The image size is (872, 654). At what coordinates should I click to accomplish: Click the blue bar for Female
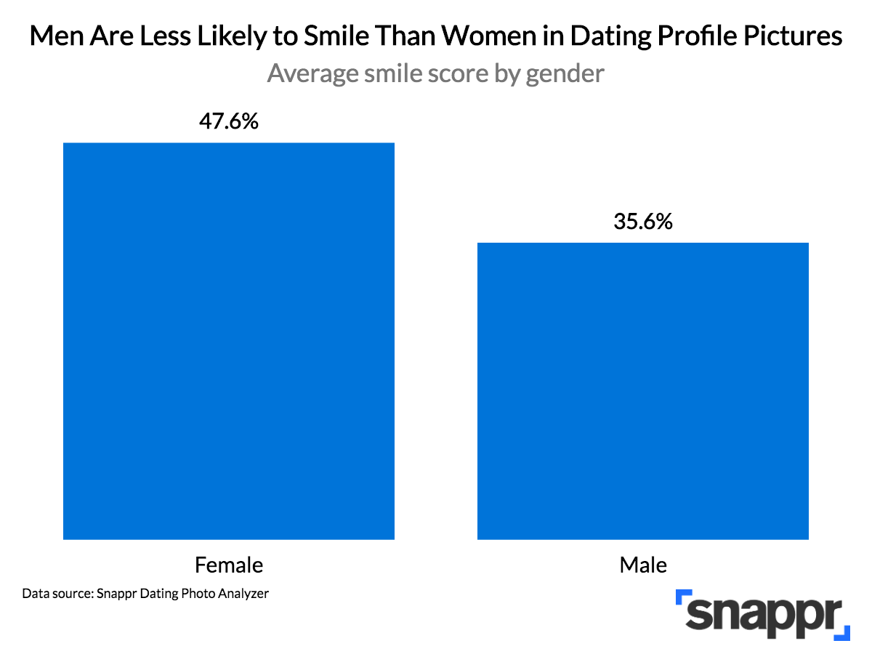[x=228, y=341]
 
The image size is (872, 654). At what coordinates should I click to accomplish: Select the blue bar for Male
[x=642, y=391]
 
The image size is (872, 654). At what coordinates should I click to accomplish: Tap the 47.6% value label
[x=228, y=121]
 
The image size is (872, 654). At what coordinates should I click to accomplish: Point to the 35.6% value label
[x=643, y=221]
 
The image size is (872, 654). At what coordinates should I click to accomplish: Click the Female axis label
[x=229, y=565]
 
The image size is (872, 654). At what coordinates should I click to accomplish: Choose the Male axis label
[x=643, y=565]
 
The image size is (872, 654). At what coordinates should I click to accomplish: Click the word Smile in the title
[x=336, y=36]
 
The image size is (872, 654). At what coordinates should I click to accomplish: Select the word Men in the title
[x=57, y=36]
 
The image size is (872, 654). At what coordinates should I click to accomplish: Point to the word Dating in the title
[x=611, y=36]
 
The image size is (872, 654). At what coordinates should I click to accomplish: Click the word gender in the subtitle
[x=565, y=74]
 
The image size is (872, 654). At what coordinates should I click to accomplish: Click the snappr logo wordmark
[x=763, y=615]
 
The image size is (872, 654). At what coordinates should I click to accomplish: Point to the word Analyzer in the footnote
[x=243, y=593]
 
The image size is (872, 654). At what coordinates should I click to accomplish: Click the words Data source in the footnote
[x=58, y=593]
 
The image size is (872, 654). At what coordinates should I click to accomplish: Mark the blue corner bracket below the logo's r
[x=843, y=634]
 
